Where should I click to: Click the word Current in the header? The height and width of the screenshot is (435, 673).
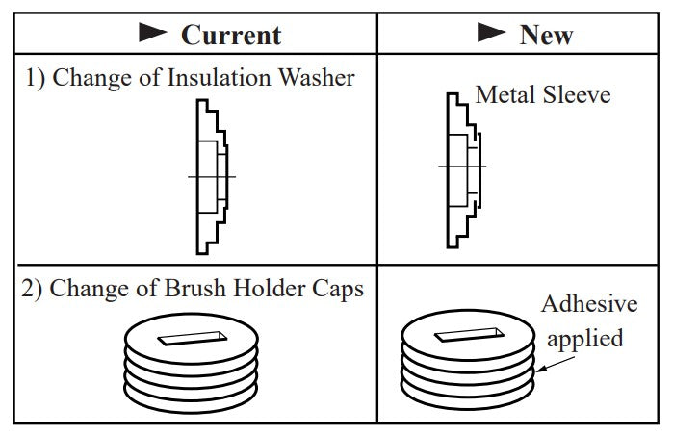point(231,35)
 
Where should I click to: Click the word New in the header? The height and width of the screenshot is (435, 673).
point(546,35)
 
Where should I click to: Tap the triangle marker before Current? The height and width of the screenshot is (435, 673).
point(154,34)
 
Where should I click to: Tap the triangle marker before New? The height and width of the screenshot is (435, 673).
point(493,34)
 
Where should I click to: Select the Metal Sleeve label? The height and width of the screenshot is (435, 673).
point(543,95)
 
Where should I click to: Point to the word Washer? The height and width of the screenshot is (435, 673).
point(318,78)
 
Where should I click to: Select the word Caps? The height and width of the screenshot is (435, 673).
point(337,288)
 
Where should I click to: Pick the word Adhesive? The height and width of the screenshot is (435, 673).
point(589,304)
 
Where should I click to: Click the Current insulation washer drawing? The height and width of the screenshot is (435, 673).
point(213,178)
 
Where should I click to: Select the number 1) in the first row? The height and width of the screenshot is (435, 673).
point(35,79)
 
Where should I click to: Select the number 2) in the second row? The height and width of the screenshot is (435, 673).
point(35,289)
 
